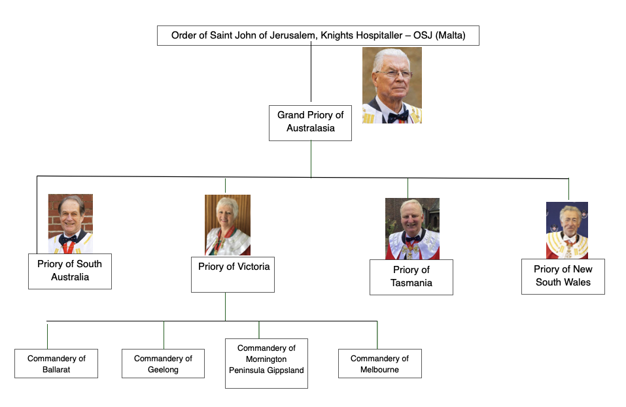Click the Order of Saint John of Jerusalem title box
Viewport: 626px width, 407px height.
[318, 35]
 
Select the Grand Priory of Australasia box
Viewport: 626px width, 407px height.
[310, 122]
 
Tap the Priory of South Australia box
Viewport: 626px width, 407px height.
[70, 270]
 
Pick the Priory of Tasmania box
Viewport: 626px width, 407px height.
[411, 276]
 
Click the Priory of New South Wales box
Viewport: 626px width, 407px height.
[563, 276]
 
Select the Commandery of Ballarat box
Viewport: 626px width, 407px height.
[56, 364]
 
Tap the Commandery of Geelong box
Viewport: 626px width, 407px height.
[163, 364]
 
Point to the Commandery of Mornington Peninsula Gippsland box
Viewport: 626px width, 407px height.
[266, 363]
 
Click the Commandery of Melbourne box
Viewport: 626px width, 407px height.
[379, 364]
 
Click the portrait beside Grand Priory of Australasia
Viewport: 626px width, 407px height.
[392, 85]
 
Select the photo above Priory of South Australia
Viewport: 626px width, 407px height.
[70, 223]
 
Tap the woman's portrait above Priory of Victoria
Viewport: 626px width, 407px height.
[228, 225]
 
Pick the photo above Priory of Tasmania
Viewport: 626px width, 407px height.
[411, 229]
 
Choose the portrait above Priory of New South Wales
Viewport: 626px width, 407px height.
[566, 230]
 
